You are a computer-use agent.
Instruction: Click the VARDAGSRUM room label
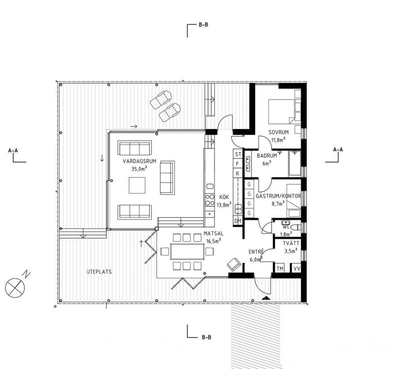click(139, 161)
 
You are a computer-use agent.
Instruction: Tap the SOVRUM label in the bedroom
click(279, 132)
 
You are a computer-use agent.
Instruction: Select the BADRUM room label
click(267, 156)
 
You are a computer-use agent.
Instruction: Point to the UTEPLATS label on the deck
click(99, 272)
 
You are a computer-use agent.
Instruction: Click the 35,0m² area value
click(139, 169)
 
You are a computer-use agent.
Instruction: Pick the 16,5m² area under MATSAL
click(214, 241)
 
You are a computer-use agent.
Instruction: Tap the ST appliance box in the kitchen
click(238, 154)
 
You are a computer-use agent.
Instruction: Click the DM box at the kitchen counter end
click(238, 221)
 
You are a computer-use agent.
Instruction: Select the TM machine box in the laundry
click(280, 268)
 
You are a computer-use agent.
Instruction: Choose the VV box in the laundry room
click(297, 268)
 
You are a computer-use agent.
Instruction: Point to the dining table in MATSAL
click(187, 251)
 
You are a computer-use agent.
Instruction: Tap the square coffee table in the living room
click(137, 185)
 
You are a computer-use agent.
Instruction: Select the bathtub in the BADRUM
click(295, 163)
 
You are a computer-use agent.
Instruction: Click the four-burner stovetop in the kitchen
click(210, 200)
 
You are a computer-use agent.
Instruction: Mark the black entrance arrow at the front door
click(266, 298)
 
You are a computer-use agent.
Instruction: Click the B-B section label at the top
click(203, 25)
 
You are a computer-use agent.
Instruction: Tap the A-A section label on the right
click(338, 150)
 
